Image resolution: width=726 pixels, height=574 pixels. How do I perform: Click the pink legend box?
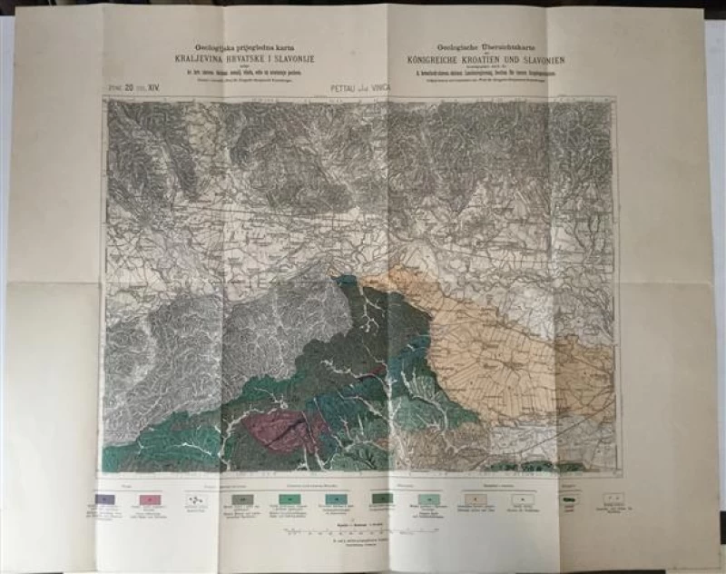pos(152,500)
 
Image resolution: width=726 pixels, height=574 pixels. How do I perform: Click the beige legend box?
pos(476,499)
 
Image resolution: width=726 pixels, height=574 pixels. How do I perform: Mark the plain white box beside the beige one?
pos(521,499)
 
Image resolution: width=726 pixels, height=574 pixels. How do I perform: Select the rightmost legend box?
pos(614,499)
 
